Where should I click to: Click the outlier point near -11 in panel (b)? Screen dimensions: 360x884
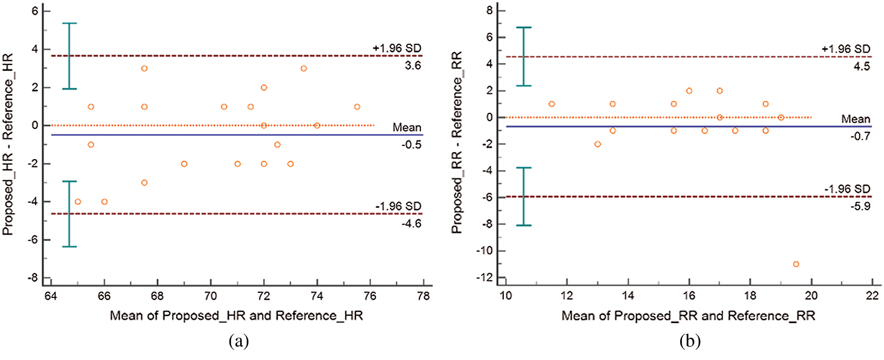pos(796,264)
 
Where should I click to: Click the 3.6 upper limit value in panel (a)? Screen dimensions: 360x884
pos(413,66)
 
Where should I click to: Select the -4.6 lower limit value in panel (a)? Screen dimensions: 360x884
pos(411,223)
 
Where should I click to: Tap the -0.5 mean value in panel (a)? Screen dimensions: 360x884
pos(411,145)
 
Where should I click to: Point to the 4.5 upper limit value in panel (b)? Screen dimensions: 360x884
pos(861,66)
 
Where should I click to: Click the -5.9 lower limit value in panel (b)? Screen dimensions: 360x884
pos(860,206)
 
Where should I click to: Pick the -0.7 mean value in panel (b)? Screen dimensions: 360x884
pos(860,136)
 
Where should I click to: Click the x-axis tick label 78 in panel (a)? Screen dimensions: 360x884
pos(423,296)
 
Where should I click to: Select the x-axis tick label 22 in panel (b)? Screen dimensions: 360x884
pos(872,296)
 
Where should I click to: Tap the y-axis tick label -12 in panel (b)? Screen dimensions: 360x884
pos(485,277)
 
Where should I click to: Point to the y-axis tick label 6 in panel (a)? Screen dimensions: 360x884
pos(35,11)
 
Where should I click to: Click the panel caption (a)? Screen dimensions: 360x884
pos(239,341)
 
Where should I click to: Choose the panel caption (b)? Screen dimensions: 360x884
pos(690,341)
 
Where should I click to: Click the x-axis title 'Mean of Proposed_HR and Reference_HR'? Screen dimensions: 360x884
pos(236,315)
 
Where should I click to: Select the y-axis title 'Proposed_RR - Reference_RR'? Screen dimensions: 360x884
pos(456,142)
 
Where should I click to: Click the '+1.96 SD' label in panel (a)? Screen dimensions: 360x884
pos(397,48)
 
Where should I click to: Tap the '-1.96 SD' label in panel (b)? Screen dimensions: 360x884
pos(847,189)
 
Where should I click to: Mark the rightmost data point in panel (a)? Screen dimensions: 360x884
pos(357,107)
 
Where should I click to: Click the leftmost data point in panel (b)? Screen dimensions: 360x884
pos(551,104)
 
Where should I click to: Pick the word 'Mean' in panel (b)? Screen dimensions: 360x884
pos(855,119)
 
